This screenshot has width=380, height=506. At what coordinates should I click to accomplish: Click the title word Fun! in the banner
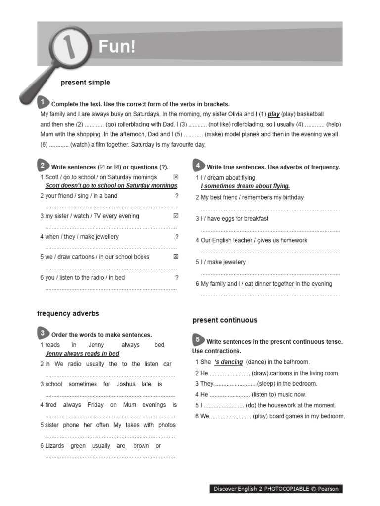pos(117,47)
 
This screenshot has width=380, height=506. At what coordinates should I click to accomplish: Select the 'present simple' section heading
pos(85,83)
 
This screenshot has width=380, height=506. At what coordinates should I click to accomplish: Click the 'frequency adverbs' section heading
pos(68,313)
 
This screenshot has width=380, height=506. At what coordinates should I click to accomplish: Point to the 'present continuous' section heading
pos(225,320)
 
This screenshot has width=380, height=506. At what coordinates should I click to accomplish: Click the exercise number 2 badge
pos(43,165)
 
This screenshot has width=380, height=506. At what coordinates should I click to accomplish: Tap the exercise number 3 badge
pos(43,333)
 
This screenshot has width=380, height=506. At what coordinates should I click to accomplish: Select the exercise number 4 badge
pos(198,165)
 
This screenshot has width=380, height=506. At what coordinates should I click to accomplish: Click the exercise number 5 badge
pos(198,339)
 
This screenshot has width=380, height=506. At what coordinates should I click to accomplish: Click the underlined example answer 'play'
pos(273,114)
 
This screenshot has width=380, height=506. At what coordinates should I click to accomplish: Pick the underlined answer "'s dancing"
pos(228,362)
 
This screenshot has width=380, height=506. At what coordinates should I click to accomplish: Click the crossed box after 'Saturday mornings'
pos(176,177)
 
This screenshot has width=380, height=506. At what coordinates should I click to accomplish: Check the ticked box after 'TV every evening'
pos(176,216)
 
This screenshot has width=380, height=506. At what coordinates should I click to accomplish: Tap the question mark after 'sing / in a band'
pos(177,196)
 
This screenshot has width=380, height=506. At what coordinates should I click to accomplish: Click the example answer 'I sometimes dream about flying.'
pos(245,186)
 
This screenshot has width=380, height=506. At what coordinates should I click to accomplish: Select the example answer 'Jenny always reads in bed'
pos(82,354)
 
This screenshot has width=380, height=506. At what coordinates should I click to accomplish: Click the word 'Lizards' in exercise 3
pos(54,446)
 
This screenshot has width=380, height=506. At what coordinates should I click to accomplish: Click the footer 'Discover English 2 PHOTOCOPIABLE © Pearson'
pos(276,489)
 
